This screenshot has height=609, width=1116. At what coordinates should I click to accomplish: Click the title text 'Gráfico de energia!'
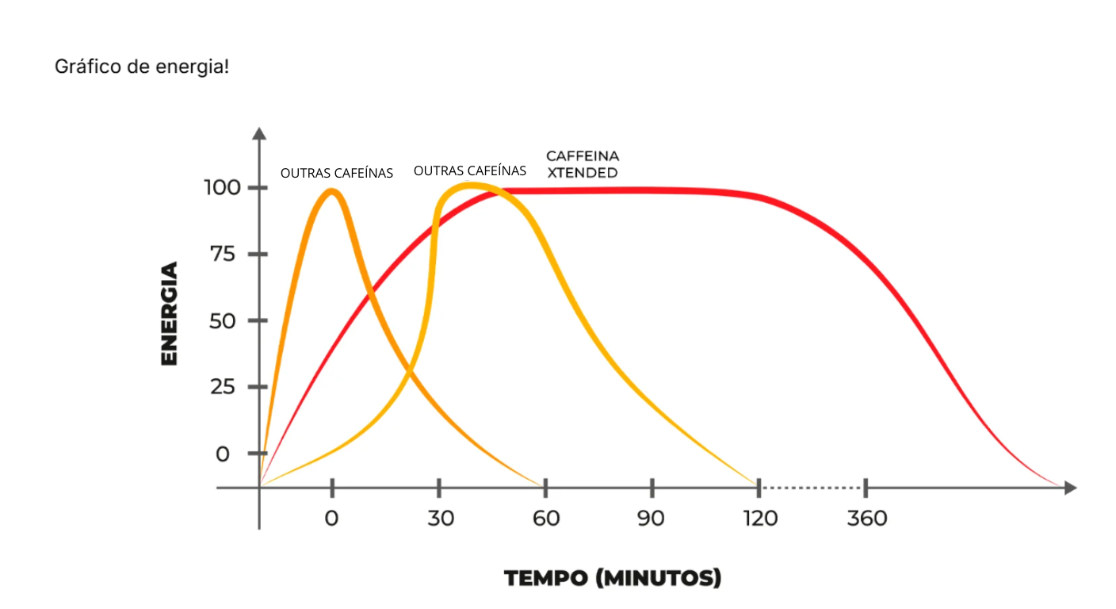[142, 67]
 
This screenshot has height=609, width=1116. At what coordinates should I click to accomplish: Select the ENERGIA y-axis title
[169, 313]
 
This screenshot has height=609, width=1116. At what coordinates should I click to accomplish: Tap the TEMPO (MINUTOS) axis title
[613, 578]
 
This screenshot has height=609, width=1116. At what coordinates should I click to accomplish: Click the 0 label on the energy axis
[223, 454]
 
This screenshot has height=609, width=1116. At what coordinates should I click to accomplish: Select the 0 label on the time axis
[331, 519]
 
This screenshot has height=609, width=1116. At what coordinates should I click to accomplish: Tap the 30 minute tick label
[440, 519]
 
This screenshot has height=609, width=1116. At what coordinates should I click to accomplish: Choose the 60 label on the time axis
[546, 519]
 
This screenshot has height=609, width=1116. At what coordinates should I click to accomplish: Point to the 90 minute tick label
[652, 519]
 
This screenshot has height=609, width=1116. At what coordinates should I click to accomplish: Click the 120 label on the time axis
[759, 519]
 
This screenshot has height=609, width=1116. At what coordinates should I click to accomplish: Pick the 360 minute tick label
[866, 519]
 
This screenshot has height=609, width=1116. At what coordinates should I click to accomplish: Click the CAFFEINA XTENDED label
[583, 164]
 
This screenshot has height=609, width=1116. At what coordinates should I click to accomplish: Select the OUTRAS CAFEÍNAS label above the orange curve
[337, 173]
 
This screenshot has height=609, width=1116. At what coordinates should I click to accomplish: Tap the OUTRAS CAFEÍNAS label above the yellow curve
[470, 170]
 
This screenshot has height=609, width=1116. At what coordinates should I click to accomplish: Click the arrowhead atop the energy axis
[259, 132]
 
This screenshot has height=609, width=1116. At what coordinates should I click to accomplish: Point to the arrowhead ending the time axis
[1070, 488]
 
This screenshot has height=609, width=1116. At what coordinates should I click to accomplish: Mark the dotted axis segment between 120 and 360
[812, 488]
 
